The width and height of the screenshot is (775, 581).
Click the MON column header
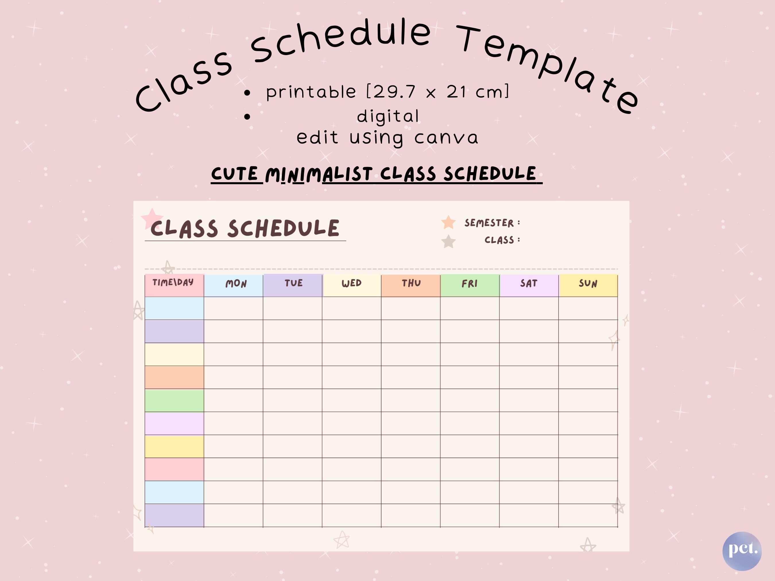[234, 285]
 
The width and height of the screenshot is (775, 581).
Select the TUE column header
[293, 285]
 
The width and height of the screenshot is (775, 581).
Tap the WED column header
[352, 285]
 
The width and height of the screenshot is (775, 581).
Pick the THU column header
[411, 285]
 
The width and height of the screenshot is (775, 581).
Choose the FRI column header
[470, 285]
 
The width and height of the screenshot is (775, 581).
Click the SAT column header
[529, 285]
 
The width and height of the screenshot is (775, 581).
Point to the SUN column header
[588, 285]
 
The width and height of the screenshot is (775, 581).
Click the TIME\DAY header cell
[175, 285]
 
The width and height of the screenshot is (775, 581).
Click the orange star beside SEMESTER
[448, 222]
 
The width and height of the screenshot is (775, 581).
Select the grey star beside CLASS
[448, 241]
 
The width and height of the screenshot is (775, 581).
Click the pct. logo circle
[742, 551]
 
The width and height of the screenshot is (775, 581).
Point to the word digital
[388, 116]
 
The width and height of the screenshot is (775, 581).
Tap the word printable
[311, 92]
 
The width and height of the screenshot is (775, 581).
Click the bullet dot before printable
[247, 93]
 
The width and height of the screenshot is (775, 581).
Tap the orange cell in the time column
[175, 378]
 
